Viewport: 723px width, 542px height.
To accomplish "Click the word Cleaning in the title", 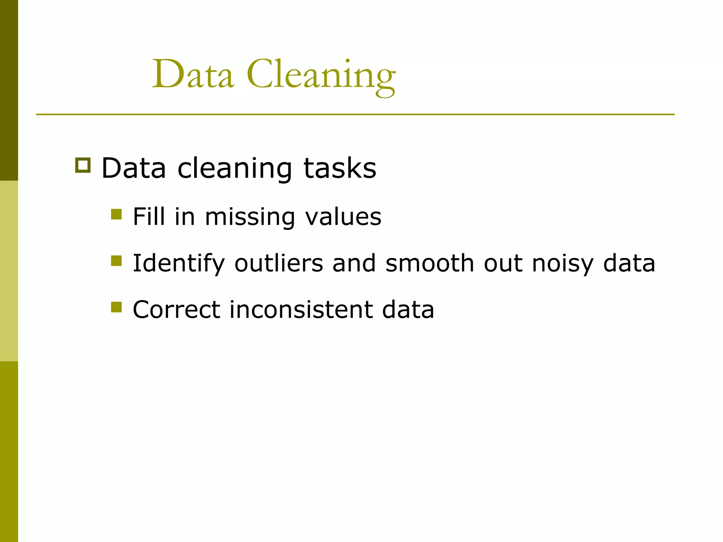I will (x=321, y=75).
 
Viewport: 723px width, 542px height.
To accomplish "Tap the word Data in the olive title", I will (x=193, y=75).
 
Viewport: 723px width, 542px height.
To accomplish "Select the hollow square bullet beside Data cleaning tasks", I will (x=83, y=165).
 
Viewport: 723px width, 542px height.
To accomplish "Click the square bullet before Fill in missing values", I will (x=116, y=214).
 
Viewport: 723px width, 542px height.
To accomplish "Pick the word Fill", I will (x=149, y=216).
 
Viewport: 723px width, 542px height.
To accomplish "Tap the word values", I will (x=343, y=216).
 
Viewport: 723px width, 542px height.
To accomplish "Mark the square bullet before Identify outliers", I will (x=116, y=261).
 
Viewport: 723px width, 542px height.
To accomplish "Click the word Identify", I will (x=179, y=264).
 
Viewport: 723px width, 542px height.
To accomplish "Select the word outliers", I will (x=279, y=263).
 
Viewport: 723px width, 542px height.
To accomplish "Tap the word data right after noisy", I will (x=629, y=263).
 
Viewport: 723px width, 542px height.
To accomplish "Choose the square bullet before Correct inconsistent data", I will (x=116, y=307).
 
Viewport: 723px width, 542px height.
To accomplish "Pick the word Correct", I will (x=177, y=309).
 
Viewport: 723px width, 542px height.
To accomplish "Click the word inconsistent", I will (x=301, y=309).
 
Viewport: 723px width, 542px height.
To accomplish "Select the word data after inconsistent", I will (x=408, y=309).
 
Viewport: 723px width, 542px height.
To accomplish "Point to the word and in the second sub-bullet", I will (x=354, y=263).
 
